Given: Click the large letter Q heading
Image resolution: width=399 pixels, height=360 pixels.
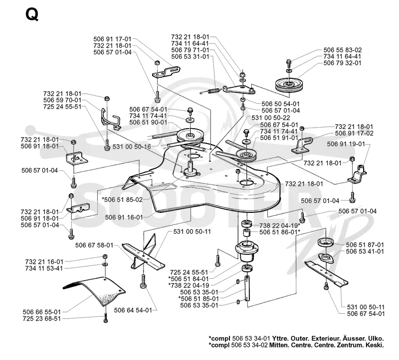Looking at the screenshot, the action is point(32,15).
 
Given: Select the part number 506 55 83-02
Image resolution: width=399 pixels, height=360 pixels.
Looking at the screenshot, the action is point(343,50).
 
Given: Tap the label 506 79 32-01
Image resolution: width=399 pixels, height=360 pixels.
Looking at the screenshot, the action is point(343,63).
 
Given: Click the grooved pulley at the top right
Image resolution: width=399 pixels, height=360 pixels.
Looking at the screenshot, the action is point(289,85).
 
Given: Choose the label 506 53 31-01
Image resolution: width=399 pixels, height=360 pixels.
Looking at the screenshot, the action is point(190,56).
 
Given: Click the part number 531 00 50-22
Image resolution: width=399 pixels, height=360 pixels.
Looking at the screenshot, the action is point(271,118).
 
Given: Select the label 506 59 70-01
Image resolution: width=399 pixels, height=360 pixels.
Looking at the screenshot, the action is point(62,100).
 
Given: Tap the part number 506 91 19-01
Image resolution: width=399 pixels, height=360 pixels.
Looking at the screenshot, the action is point(346,144).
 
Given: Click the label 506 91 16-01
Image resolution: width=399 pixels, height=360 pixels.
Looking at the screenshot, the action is point(124,217).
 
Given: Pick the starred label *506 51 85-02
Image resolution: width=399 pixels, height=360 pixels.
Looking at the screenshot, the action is point(122,199).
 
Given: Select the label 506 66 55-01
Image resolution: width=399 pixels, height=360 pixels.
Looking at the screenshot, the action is point(42,312).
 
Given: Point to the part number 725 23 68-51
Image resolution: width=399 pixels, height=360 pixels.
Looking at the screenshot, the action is point(42,319).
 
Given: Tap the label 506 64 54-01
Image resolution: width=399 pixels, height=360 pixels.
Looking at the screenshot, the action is point(133,310).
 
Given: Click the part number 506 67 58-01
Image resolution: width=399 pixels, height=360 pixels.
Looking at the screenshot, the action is point(94,245).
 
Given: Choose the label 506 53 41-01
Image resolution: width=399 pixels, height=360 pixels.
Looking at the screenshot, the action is point(365,251).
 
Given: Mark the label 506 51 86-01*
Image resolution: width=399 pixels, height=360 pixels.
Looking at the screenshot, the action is point(280,232).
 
